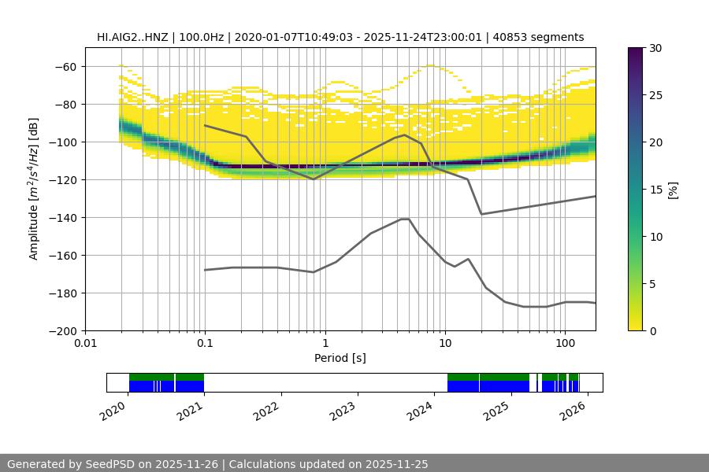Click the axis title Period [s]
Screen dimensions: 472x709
click(x=340, y=358)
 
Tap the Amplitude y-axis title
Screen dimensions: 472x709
click(x=34, y=189)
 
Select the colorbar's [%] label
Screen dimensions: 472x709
click(x=673, y=190)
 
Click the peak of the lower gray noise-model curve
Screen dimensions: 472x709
click(x=405, y=219)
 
